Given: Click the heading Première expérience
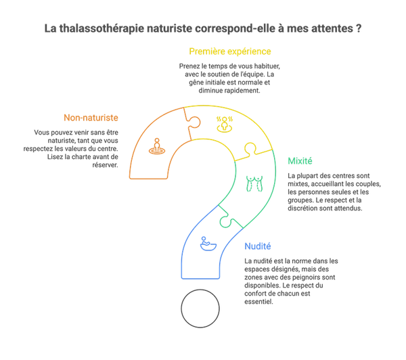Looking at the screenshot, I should [230, 51].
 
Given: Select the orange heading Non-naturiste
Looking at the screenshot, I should [90, 118].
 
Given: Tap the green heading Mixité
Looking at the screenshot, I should [300, 161].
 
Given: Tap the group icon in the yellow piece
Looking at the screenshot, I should [224, 123].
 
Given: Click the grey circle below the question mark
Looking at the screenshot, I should [201, 309].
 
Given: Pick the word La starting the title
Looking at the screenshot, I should [49, 30].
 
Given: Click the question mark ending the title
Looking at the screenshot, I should [357, 30].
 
